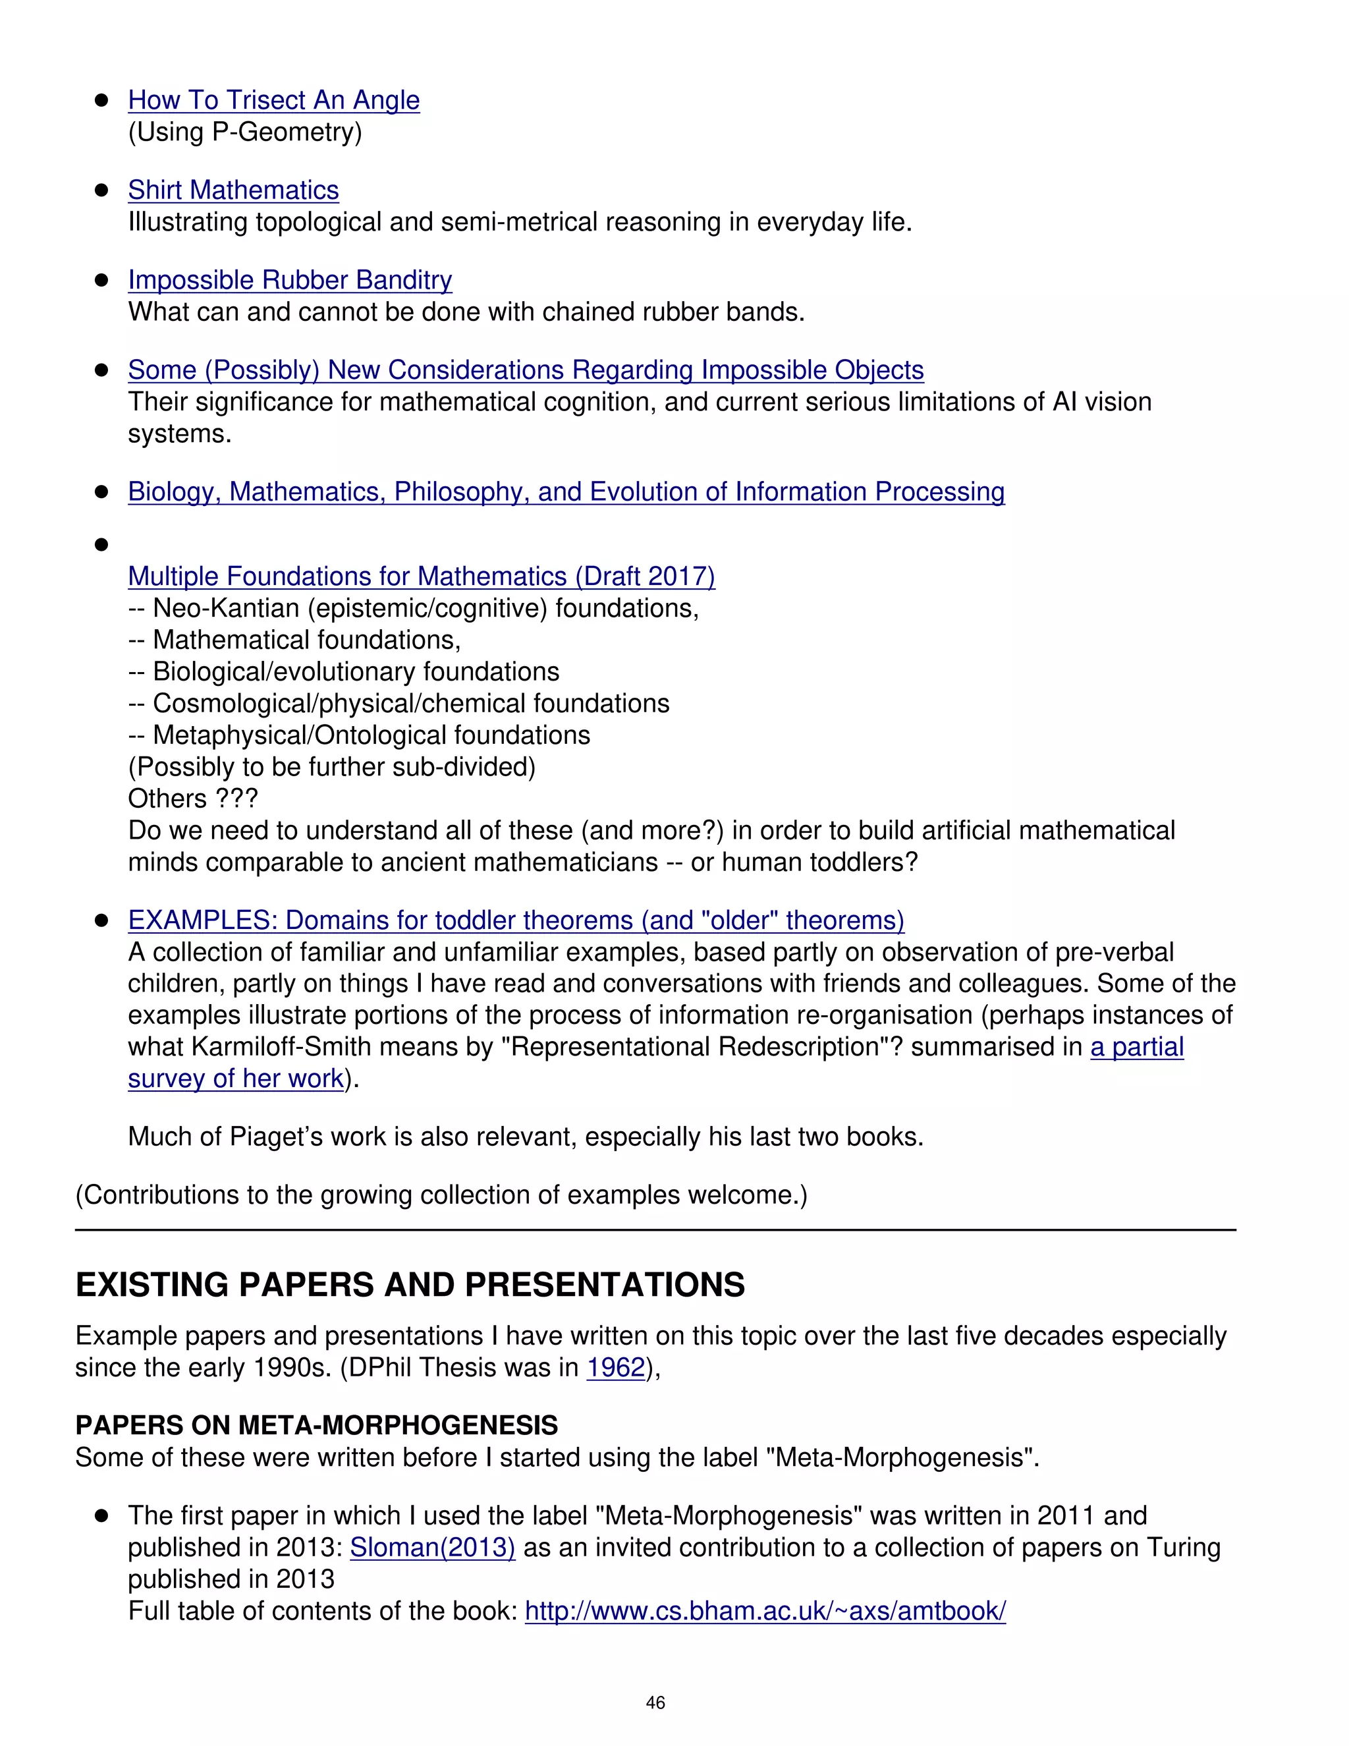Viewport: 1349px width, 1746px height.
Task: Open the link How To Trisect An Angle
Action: [x=273, y=100]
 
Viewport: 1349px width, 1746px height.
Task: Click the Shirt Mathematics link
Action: [x=233, y=190]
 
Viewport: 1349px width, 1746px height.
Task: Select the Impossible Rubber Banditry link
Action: [x=289, y=280]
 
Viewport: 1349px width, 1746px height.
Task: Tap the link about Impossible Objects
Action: [x=525, y=370]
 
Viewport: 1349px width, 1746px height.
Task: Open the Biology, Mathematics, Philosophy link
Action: [x=566, y=492]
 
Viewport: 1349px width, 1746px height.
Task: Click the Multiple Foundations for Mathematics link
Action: [x=421, y=577]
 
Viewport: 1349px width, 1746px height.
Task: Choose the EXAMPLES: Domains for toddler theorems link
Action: [x=516, y=920]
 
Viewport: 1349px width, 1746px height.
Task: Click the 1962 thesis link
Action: [x=615, y=1368]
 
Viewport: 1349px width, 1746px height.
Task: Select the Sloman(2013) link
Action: [x=432, y=1548]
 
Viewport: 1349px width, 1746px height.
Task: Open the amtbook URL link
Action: [x=765, y=1611]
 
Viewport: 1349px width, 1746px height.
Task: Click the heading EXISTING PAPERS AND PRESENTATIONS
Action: [x=410, y=1285]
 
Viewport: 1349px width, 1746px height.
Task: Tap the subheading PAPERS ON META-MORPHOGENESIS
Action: [x=316, y=1425]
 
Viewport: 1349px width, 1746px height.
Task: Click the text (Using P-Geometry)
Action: [x=244, y=132]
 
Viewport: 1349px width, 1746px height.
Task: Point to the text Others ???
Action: [x=192, y=799]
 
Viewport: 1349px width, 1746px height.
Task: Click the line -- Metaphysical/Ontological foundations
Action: [x=359, y=735]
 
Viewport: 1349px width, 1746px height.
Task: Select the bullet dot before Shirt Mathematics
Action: [x=101, y=190]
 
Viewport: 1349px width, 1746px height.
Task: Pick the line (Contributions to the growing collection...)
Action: [x=441, y=1195]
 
